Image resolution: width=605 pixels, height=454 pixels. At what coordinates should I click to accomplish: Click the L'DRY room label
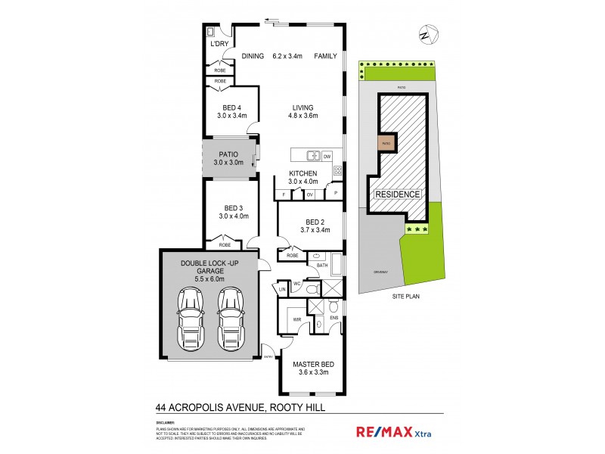(x=220, y=44)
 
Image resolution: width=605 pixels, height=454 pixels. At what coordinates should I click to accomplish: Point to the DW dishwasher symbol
(x=327, y=157)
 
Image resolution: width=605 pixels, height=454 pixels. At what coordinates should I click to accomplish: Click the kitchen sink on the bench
(x=312, y=157)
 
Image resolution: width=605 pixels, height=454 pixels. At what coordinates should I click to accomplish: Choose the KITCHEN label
(x=302, y=173)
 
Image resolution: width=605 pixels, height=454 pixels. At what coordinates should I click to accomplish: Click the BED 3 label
(x=232, y=208)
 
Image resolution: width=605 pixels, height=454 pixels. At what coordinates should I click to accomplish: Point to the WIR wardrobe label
(x=288, y=319)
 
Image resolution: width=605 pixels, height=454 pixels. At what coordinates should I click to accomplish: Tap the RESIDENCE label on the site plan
(x=397, y=194)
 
